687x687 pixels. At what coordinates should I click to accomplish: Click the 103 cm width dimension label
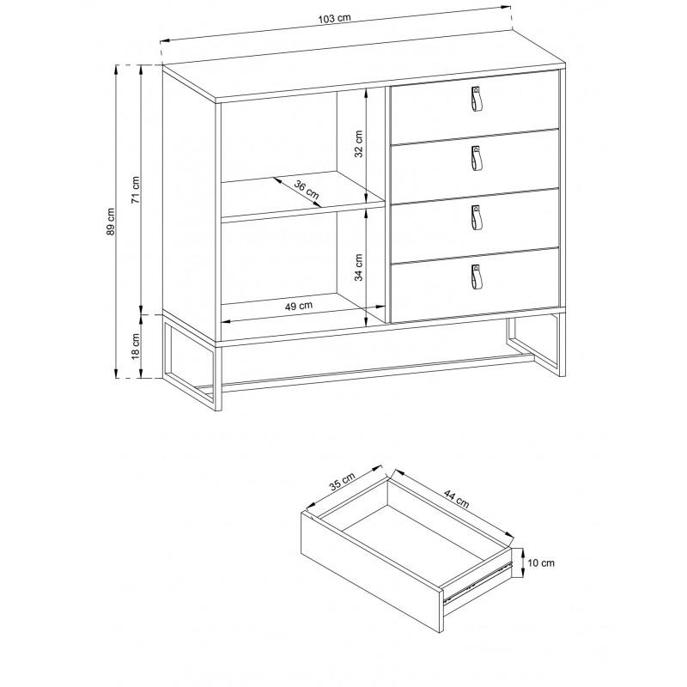pyautogui.click(x=335, y=18)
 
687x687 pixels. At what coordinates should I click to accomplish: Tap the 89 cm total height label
pyautogui.click(x=112, y=222)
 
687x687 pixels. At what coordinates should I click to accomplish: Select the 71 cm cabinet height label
pyautogui.click(x=136, y=190)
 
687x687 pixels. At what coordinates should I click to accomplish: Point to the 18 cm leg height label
pyautogui.click(x=136, y=346)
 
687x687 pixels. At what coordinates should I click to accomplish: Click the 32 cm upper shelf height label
pyautogui.click(x=359, y=143)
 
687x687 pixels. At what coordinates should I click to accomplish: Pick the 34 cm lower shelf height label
pyautogui.click(x=359, y=267)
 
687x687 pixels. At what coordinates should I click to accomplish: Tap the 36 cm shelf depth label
pyautogui.click(x=307, y=189)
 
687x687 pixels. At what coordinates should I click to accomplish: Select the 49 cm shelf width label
pyautogui.click(x=299, y=306)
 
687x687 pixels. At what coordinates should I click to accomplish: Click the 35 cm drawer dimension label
pyautogui.click(x=342, y=482)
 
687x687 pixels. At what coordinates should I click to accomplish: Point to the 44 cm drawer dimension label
pyautogui.click(x=456, y=499)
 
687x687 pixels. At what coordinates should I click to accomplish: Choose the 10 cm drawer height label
pyautogui.click(x=541, y=563)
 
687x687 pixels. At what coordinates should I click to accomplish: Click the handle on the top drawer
pyautogui.click(x=477, y=99)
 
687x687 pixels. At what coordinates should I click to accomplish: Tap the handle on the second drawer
pyautogui.click(x=477, y=159)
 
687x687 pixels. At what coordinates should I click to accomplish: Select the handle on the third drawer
pyautogui.click(x=477, y=218)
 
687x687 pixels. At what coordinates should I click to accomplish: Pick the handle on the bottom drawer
pyautogui.click(x=477, y=277)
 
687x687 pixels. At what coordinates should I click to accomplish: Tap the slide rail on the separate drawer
pyautogui.click(x=477, y=581)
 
